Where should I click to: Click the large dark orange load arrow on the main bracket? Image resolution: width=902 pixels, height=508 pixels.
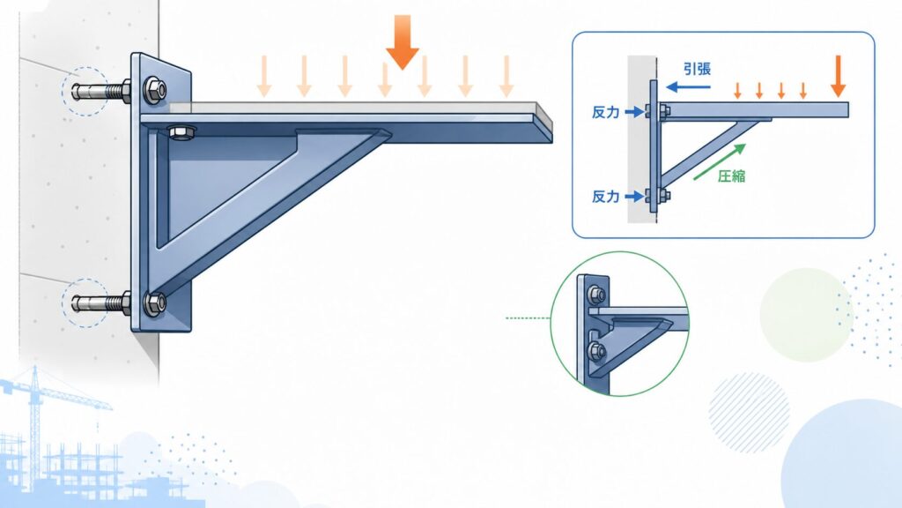(402, 41)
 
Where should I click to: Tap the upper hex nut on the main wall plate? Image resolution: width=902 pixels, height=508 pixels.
(154, 90)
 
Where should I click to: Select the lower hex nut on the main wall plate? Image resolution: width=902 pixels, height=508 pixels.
(154, 303)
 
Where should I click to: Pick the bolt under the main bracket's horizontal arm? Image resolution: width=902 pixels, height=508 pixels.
(181, 132)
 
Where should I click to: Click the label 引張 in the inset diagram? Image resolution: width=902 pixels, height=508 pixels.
(698, 69)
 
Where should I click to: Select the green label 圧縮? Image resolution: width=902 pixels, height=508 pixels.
(732, 176)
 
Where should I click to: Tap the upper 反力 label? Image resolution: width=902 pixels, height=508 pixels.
(606, 112)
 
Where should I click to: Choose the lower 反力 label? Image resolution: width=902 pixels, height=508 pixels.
(606, 197)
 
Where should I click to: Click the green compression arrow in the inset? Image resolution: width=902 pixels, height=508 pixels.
(720, 161)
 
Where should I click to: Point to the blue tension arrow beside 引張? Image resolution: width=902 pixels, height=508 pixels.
(688, 87)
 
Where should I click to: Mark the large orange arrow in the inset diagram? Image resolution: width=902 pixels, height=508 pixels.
(839, 76)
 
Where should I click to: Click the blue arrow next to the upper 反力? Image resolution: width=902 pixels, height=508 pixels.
(634, 112)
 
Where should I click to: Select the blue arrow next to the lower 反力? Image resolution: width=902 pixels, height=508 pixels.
(634, 197)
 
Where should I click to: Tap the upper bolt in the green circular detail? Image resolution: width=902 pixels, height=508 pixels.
(596, 295)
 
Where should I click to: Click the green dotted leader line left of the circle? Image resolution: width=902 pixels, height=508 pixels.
(529, 317)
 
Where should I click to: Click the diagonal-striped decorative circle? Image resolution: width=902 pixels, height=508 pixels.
(749, 413)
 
